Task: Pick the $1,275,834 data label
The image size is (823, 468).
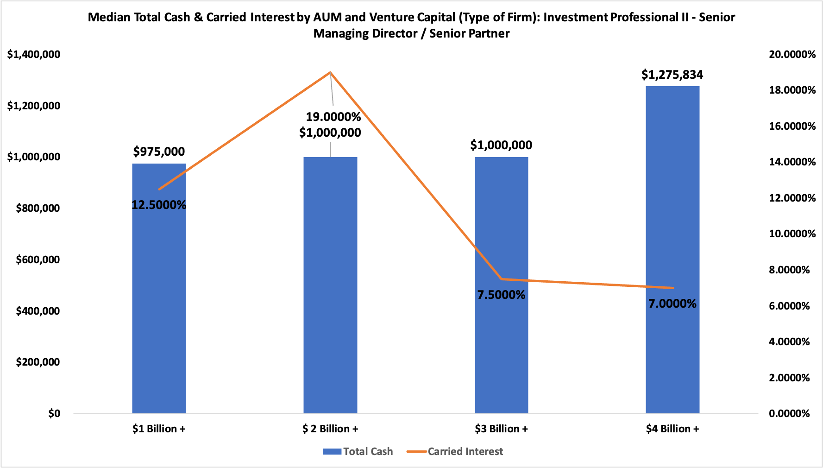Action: (x=672, y=75)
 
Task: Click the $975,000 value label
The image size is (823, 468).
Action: (x=159, y=152)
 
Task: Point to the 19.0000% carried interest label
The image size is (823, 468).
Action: (x=333, y=117)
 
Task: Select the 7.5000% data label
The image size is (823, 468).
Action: (x=501, y=295)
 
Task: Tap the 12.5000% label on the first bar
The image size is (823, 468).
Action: (x=159, y=205)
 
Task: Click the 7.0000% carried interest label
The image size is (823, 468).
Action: (x=672, y=304)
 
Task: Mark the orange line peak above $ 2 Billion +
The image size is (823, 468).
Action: (x=330, y=72)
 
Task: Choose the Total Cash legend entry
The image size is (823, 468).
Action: (x=358, y=451)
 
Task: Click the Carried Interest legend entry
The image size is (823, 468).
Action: (x=455, y=451)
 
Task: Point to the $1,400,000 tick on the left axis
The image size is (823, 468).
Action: (x=34, y=55)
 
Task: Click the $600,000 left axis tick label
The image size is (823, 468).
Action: (x=38, y=259)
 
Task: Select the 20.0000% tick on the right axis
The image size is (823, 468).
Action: (x=792, y=55)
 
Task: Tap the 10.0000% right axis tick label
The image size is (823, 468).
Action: (x=792, y=234)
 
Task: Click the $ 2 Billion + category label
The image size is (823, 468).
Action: (x=330, y=429)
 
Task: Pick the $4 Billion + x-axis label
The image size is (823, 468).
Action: (x=672, y=429)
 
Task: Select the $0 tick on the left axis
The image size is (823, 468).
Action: (x=54, y=413)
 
